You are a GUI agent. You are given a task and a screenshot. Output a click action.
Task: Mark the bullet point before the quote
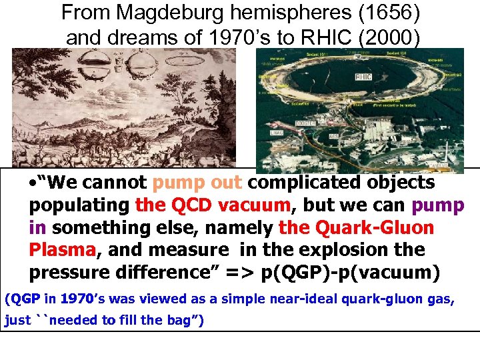click(x=33, y=183)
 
